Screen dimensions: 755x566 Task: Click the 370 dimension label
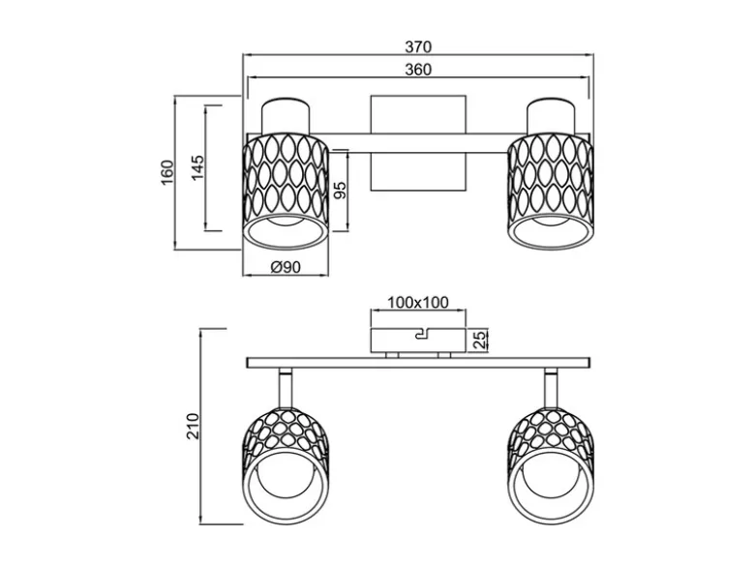tap(418, 46)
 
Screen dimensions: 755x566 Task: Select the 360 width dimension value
tap(418, 70)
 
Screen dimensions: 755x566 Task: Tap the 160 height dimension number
tap(166, 172)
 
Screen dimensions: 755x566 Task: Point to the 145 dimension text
tap(197, 167)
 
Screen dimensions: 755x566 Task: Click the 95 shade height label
tap(340, 191)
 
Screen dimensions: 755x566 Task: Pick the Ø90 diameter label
tap(286, 267)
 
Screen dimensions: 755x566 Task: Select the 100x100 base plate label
tap(418, 302)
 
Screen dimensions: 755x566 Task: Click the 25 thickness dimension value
tap(479, 340)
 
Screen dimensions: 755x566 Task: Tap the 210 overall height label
tap(193, 426)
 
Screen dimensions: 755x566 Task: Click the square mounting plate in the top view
tap(418, 143)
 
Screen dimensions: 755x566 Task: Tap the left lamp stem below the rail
tap(286, 388)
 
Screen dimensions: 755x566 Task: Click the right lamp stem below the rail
tap(551, 388)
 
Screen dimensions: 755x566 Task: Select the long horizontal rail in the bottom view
tap(418, 363)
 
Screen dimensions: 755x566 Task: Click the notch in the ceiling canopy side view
tap(422, 334)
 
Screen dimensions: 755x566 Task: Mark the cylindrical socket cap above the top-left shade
tap(285, 116)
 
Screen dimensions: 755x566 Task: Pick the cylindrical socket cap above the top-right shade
tap(551, 116)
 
